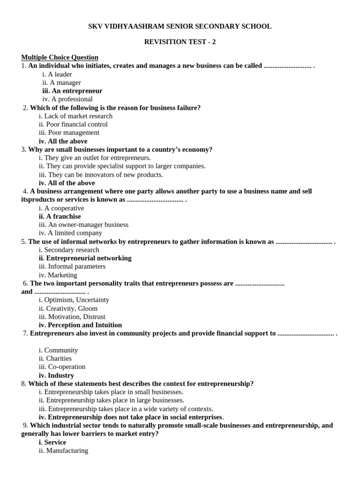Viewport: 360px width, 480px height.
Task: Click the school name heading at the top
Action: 180,27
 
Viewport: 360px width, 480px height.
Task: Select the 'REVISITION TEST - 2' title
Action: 180,42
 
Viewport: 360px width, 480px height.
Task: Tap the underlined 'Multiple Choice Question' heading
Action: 60,57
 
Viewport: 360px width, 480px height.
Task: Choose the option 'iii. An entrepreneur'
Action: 72,91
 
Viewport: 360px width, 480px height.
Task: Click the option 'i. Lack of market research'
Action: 76,116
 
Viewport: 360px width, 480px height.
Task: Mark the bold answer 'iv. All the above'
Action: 63,141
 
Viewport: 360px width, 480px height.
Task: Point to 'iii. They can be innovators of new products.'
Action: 101,174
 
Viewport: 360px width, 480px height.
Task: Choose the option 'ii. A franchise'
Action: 60,216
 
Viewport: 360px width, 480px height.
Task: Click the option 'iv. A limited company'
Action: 70,233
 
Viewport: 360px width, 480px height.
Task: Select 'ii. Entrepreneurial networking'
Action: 85,258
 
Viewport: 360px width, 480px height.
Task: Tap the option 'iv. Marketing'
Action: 58,275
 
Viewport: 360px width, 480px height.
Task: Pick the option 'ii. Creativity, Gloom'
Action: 68,308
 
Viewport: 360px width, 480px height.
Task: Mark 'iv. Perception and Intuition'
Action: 80,325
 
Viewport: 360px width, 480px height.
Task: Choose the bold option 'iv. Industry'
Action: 56,375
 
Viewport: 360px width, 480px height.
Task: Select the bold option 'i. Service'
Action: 52,442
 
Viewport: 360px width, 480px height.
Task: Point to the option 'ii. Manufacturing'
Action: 63,450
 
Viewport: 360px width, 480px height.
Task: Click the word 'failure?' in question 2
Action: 187,108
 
